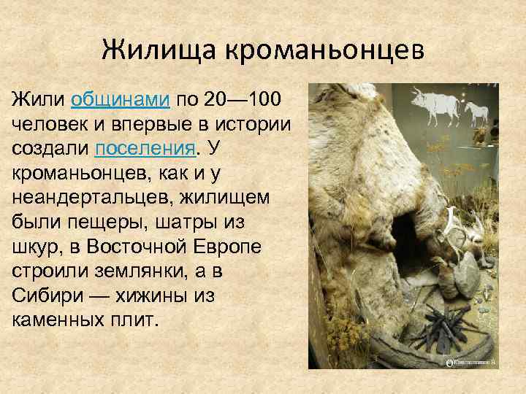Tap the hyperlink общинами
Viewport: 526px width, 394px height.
[x=121, y=98]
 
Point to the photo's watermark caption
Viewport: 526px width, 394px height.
[x=475, y=361]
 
